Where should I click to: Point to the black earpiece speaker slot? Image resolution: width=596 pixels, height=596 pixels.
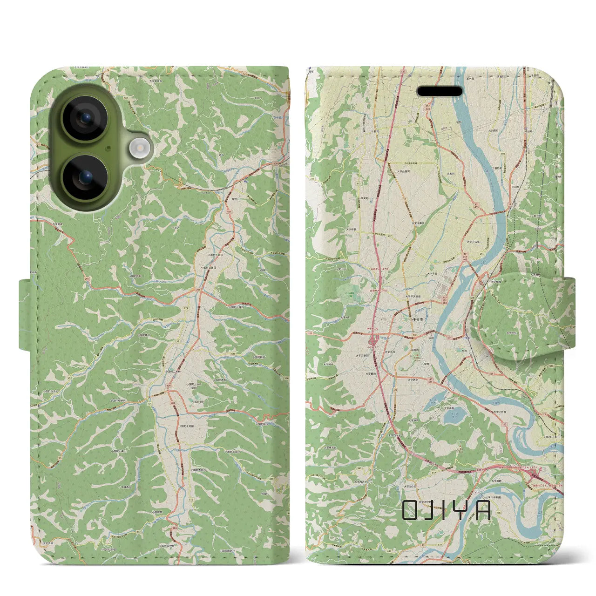click(x=439, y=91)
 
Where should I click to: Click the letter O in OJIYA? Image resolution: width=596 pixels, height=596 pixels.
click(x=410, y=510)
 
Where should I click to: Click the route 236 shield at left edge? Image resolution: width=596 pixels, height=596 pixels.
click(x=312, y=179)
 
